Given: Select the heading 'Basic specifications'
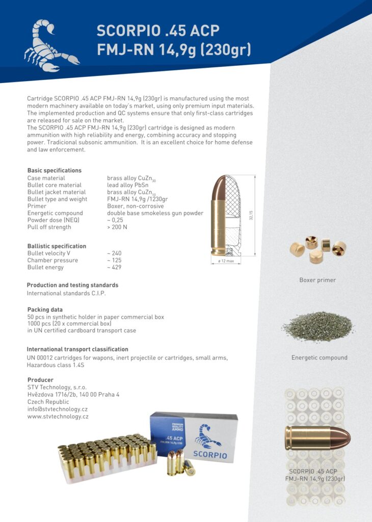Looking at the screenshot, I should pyautogui.click(x=54, y=170).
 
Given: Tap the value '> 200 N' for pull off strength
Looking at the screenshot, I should pyautogui.click(x=117, y=227).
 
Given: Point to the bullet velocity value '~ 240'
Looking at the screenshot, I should pyautogui.click(x=114, y=253).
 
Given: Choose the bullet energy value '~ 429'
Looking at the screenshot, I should pyautogui.click(x=114, y=267).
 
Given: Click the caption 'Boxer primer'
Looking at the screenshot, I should pyautogui.click(x=317, y=280).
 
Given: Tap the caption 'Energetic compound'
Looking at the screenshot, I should pyautogui.click(x=319, y=357).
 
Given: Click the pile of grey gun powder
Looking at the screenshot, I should pyautogui.click(x=318, y=326).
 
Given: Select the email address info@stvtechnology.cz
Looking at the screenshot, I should pyautogui.click(x=58, y=409).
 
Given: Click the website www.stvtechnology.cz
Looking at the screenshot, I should pyautogui.click(x=58, y=416).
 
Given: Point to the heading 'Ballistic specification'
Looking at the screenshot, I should pyautogui.click(x=57, y=246).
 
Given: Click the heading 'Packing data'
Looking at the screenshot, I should pyautogui.click(x=45, y=309).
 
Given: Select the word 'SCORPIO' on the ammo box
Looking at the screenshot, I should pyautogui.click(x=210, y=455).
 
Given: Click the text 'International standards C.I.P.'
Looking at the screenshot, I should pyautogui.click(x=66, y=293).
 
